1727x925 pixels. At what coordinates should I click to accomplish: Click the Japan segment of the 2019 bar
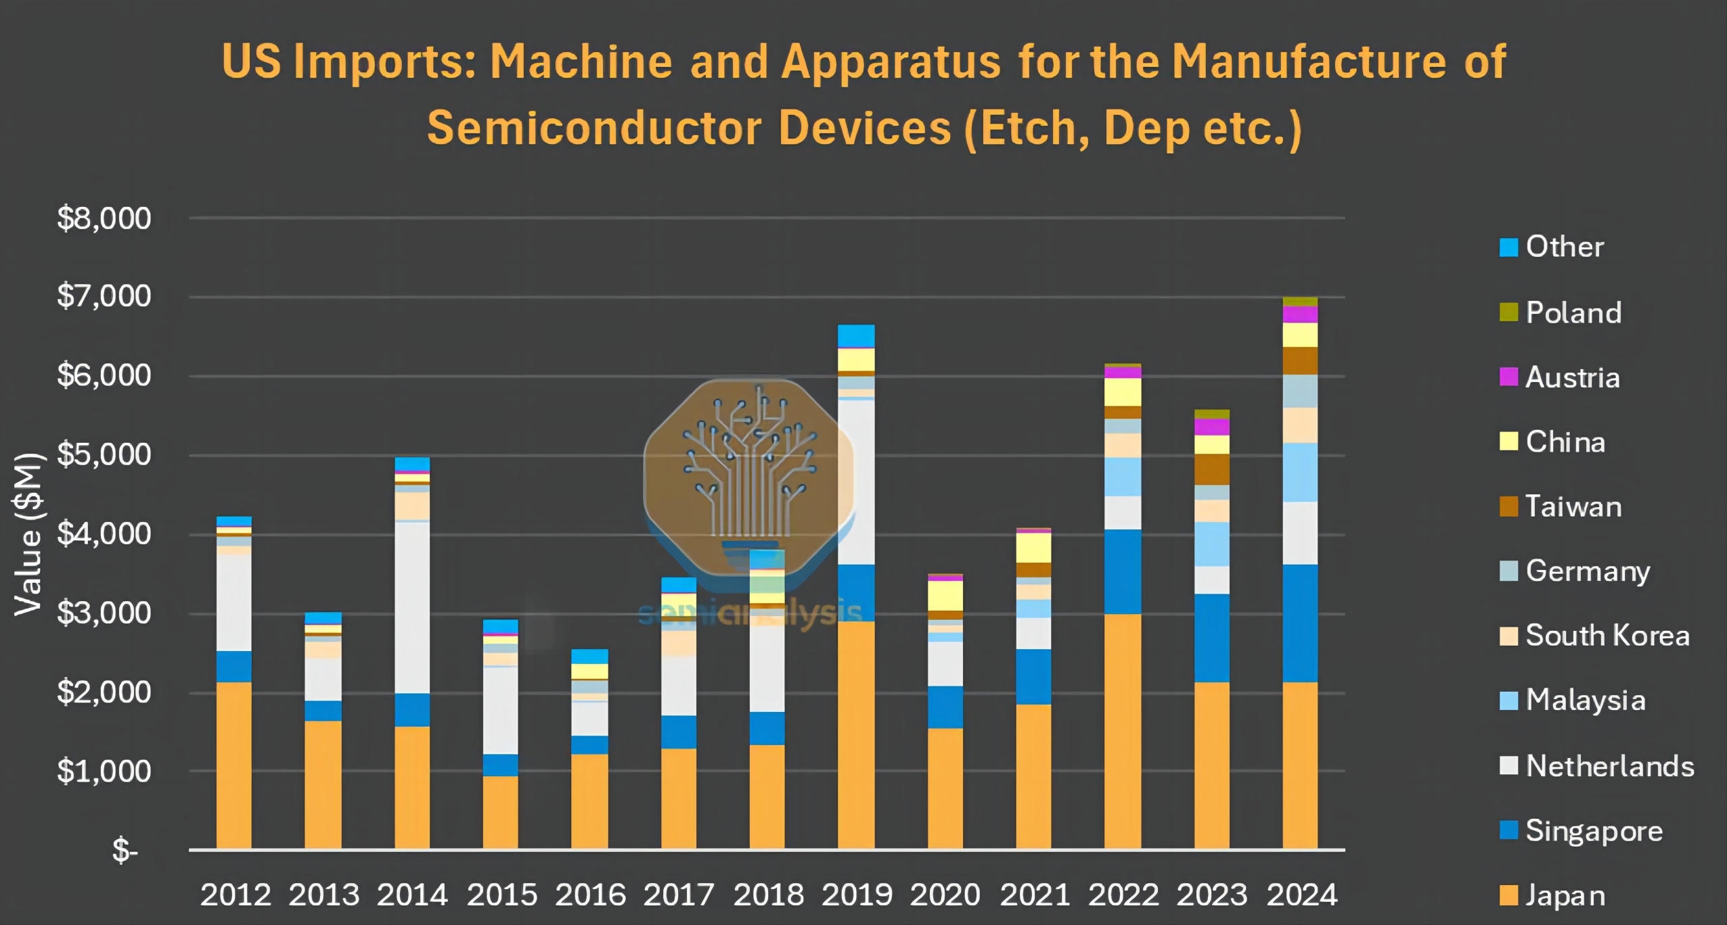click(856, 734)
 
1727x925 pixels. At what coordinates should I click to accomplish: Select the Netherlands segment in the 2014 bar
click(412, 607)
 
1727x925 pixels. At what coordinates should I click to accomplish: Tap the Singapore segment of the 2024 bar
click(1300, 623)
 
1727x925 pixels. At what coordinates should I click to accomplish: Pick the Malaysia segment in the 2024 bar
click(1300, 472)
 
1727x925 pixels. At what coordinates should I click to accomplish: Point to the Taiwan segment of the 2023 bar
click(1212, 469)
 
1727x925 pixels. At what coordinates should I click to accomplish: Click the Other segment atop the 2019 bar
click(856, 335)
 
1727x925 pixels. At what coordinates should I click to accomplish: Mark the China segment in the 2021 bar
click(1033, 547)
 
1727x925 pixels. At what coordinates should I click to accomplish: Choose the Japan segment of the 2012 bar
click(234, 765)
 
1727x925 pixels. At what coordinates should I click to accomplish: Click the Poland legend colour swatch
click(1508, 312)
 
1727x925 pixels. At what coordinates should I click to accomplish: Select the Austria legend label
click(1572, 377)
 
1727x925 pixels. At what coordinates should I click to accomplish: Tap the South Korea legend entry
click(1607, 636)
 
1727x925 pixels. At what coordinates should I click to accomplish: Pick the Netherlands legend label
click(1610, 766)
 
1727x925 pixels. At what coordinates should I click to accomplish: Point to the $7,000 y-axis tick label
click(104, 296)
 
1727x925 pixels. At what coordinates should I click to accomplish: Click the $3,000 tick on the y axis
click(104, 613)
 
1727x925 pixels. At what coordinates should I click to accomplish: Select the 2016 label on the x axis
click(590, 895)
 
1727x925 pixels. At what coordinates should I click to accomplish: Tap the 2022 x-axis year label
click(1123, 895)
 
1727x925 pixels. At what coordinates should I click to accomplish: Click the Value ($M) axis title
click(29, 534)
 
